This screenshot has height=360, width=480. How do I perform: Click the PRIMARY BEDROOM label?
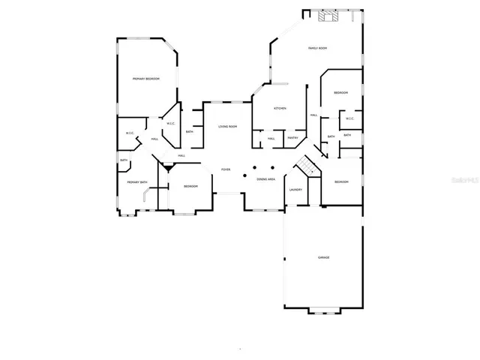point(146,79)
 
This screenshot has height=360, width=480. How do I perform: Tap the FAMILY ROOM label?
point(317,48)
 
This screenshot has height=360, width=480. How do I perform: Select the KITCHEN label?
point(280,109)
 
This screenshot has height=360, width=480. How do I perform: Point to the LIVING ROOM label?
point(228,127)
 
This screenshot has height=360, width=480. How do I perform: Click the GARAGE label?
point(323,257)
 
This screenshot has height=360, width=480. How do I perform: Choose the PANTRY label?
point(292,138)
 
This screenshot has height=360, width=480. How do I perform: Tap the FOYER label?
point(225,170)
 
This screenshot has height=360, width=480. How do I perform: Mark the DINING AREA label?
point(265,179)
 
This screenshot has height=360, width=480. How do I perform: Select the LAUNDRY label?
point(295,189)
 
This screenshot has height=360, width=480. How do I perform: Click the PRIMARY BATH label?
point(136,182)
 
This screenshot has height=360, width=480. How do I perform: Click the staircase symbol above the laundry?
point(306,164)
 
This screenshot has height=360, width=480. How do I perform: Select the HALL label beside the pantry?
point(271,138)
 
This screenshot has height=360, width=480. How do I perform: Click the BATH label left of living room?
point(189,132)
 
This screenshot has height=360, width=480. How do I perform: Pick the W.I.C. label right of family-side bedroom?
point(349,118)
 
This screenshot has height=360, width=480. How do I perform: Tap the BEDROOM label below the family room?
point(340,92)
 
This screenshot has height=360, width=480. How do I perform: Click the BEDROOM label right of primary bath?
point(190,186)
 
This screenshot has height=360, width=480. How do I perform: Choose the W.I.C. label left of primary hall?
point(129,134)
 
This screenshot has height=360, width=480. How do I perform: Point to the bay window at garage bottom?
point(323,310)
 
